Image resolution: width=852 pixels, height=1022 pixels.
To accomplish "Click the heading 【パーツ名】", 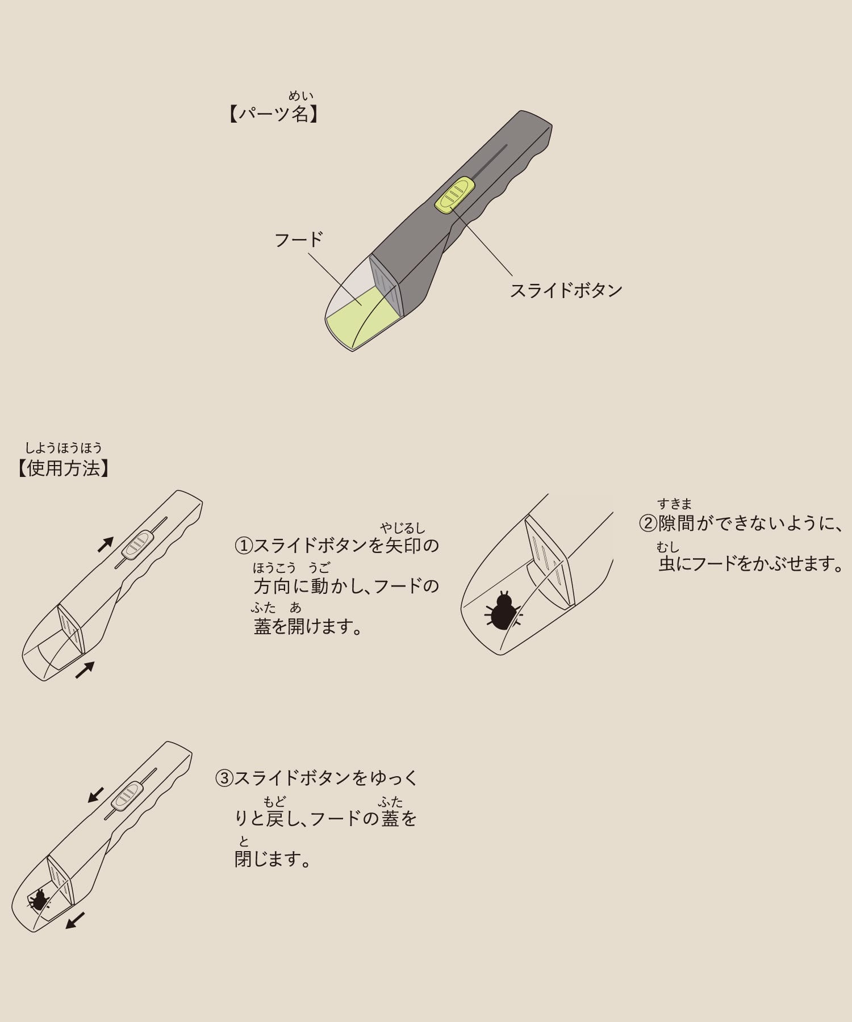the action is point(274,115).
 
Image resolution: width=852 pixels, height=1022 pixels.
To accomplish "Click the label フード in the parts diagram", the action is point(299,239).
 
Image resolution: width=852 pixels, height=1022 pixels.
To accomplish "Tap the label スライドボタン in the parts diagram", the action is point(566,291).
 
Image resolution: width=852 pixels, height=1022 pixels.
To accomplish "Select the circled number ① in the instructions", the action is point(244,546).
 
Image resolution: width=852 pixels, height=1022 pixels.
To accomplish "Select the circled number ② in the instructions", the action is point(648,523).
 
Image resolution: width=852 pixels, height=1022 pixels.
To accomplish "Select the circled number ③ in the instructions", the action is point(224,778).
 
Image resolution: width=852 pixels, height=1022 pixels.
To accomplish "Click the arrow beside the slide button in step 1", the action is point(106,544).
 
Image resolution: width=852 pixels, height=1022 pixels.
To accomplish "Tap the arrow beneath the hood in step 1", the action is point(85,670).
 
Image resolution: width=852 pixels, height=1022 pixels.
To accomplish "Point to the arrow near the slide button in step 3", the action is point(96,795).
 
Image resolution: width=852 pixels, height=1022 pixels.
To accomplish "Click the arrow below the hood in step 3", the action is point(75,920).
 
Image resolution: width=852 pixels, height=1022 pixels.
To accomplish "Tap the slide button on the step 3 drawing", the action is point(126,795).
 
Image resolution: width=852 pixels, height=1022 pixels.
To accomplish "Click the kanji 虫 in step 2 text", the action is point(668,564).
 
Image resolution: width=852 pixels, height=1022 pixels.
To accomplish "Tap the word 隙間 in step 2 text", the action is point(676,523).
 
